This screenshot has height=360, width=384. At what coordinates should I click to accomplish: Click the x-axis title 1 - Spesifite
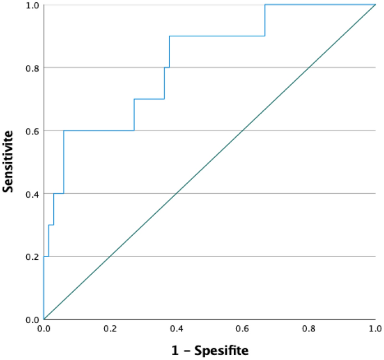[x=210, y=350]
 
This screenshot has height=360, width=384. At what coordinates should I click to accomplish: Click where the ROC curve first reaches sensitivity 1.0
[x=265, y=4]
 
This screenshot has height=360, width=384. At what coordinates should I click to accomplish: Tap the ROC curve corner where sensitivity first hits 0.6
[x=64, y=130]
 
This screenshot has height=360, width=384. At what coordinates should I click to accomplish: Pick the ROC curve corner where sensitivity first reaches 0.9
[x=169, y=36]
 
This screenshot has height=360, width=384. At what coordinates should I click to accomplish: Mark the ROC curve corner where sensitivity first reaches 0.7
[x=135, y=99]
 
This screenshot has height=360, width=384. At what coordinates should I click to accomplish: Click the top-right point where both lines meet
[x=375, y=4]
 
